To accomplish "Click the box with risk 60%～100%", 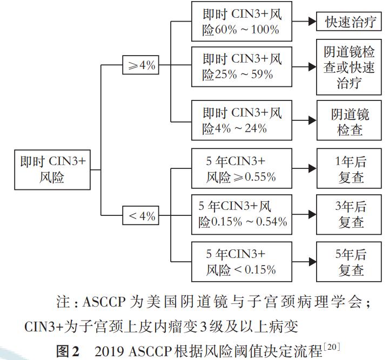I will [242, 22].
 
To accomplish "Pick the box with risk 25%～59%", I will [242, 66].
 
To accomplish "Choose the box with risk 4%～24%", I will [242, 121].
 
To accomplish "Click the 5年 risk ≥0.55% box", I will [242, 168].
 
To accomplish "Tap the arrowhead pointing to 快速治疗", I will [312, 22].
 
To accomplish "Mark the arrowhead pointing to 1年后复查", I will [312, 168].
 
